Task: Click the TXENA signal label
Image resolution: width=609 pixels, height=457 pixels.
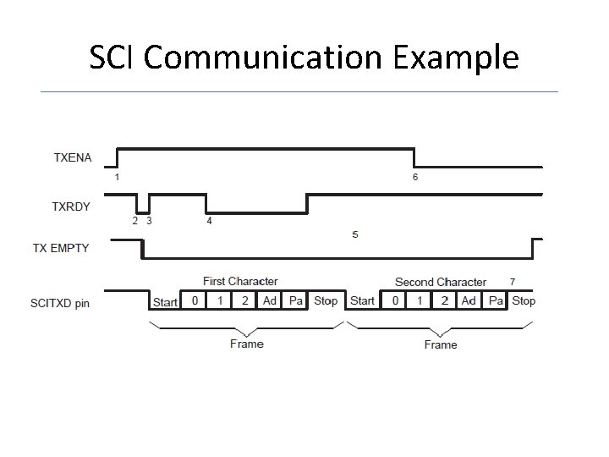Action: [73, 157]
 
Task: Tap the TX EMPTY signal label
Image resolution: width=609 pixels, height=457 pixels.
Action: [60, 248]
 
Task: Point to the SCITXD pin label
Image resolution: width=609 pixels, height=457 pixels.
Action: [60, 302]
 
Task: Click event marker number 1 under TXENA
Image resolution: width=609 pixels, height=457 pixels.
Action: [117, 177]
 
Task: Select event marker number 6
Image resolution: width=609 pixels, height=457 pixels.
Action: [414, 177]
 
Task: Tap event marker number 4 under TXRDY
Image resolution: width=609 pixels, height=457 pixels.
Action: [209, 221]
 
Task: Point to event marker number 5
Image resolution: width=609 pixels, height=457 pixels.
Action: [354, 234]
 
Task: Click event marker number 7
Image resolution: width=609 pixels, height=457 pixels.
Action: [512, 280]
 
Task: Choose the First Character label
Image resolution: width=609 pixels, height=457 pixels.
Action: [240, 281]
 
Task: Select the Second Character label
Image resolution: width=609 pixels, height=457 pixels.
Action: [440, 282]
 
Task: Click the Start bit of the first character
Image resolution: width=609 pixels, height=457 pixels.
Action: [165, 302]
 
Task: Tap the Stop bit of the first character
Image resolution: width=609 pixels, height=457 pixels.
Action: [326, 300]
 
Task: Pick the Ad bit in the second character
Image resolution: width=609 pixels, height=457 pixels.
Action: [469, 300]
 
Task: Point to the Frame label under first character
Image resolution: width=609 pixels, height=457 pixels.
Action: [246, 344]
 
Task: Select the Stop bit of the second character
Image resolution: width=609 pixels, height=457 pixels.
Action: [524, 300]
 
